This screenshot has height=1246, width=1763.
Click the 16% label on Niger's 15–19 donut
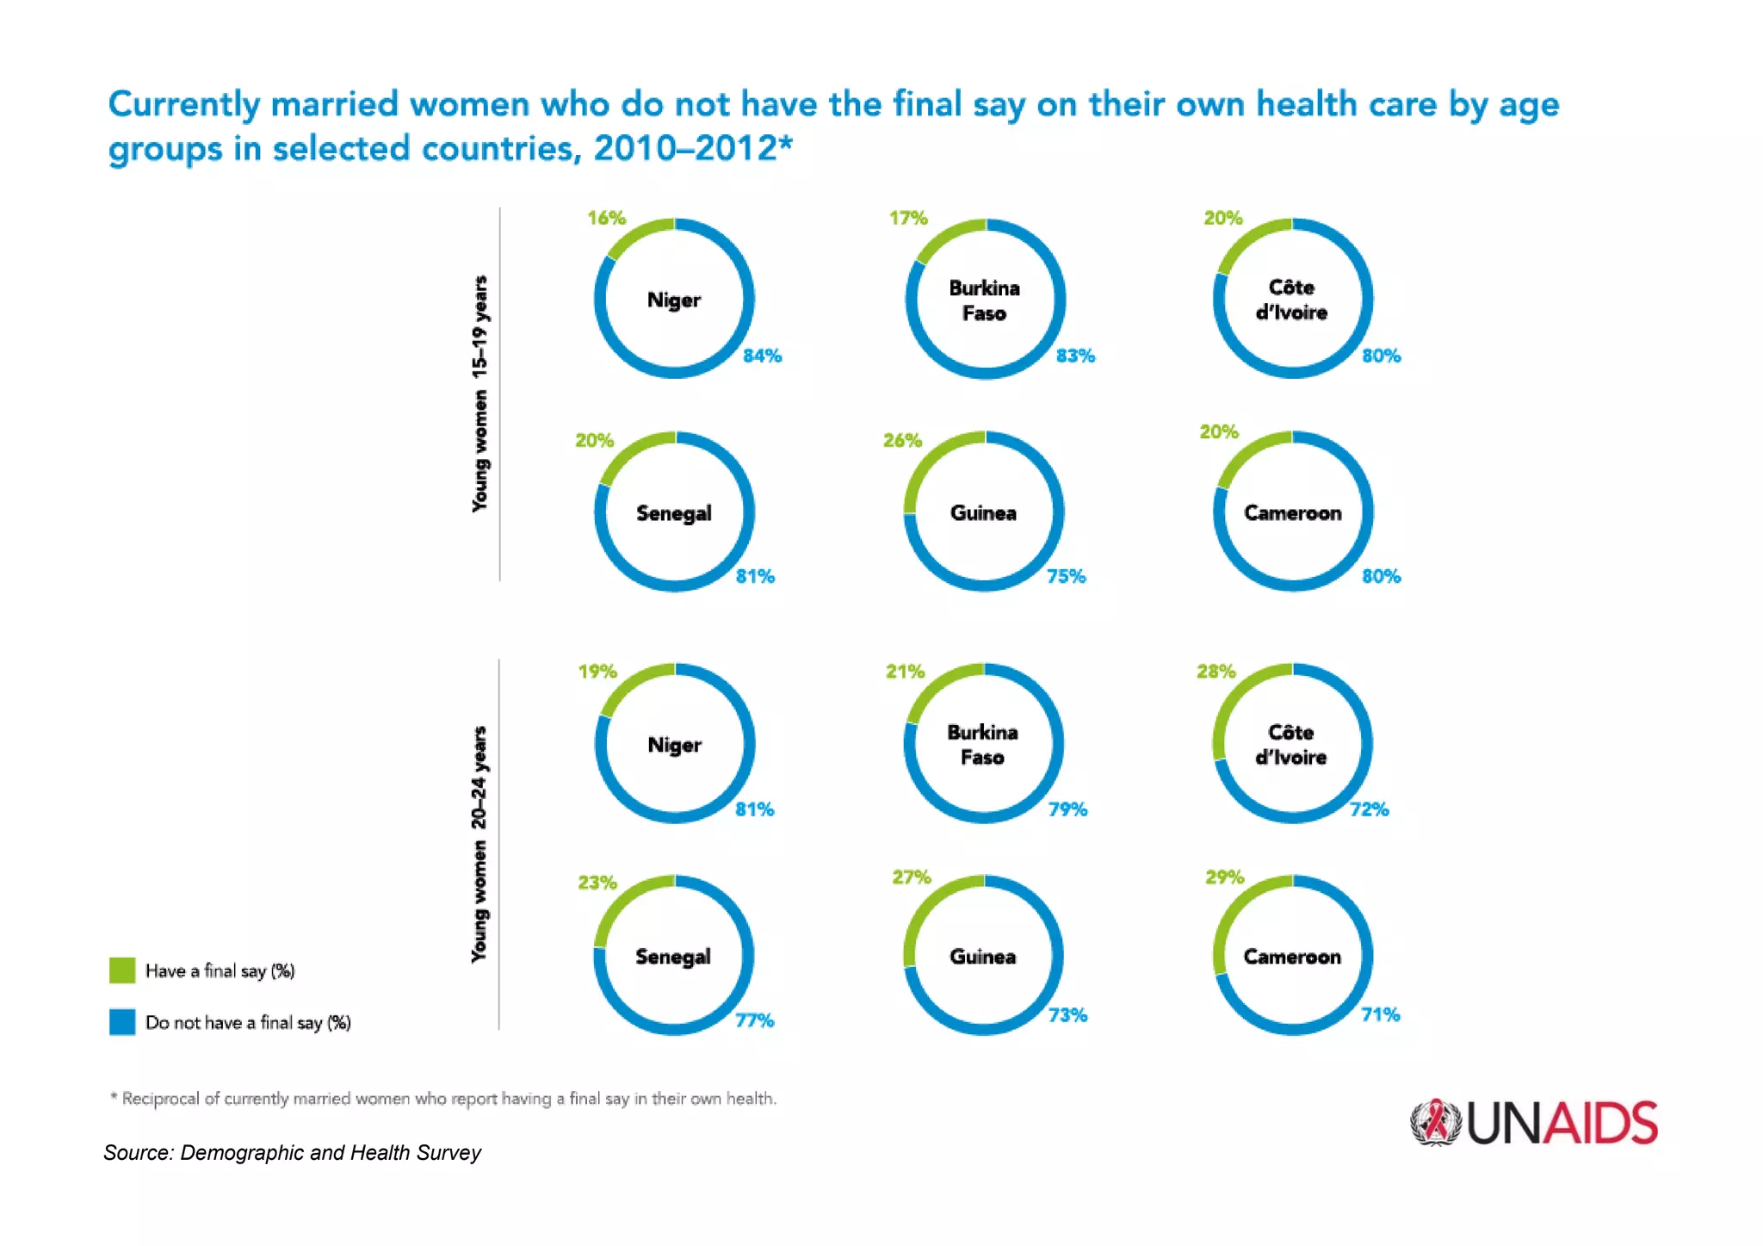pyautogui.click(x=606, y=218)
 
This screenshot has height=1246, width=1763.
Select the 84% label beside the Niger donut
pyautogui.click(x=762, y=356)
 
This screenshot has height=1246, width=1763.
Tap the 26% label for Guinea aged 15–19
pyautogui.click(x=901, y=440)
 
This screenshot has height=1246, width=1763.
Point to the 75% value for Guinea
pyautogui.click(x=1066, y=576)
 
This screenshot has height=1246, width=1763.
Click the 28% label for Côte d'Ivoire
pyautogui.click(x=1216, y=671)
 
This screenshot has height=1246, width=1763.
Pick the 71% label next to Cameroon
pyautogui.click(x=1380, y=1014)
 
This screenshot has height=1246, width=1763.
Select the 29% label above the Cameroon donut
pyautogui.click(x=1224, y=877)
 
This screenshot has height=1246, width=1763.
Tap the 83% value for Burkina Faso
pyautogui.click(x=1075, y=356)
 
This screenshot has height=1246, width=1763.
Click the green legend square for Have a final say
pyautogui.click(x=122, y=970)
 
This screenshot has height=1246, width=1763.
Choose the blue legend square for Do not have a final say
pyautogui.click(x=122, y=1022)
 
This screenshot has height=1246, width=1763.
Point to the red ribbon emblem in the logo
pyautogui.click(x=1435, y=1122)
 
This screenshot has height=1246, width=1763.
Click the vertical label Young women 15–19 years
pyautogui.click(x=479, y=394)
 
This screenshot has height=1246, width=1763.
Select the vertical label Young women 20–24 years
pyautogui.click(x=479, y=844)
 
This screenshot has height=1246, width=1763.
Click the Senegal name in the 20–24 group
pyautogui.click(x=672, y=957)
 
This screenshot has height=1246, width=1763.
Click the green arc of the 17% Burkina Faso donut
pyautogui.click(x=943, y=237)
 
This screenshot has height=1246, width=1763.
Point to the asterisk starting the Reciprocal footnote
pyautogui.click(x=114, y=1096)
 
